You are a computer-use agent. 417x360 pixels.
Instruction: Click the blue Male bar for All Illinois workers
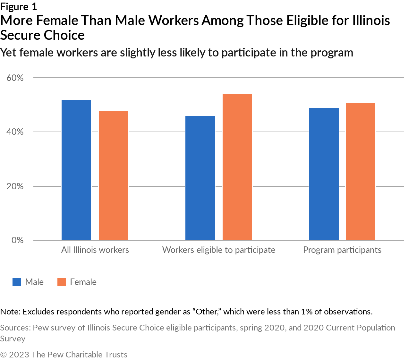coord(76,170)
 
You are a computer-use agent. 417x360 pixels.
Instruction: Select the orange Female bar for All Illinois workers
coord(114,176)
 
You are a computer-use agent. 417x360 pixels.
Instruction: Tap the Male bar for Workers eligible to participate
coord(200,178)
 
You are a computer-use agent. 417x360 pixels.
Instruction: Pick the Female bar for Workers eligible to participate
coord(237,167)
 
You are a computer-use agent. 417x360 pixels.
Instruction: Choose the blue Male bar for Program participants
coord(324,174)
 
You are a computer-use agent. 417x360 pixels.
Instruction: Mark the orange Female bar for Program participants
coord(361,171)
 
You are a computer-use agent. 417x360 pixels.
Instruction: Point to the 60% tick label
coord(15,78)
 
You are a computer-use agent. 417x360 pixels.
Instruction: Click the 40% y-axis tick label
coord(15,132)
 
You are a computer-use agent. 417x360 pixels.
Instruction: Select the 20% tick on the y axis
coord(15,186)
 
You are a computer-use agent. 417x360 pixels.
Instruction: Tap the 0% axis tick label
coord(17,240)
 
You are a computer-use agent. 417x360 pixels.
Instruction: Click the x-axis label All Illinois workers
coord(95,250)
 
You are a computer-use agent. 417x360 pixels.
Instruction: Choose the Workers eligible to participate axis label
coord(219,250)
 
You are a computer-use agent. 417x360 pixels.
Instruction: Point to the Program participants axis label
coord(342,250)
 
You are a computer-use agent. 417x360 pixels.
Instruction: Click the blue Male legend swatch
coord(17,282)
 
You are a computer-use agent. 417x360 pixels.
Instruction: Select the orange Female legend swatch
coord(62,282)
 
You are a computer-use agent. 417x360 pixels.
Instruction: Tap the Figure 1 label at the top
coord(19,7)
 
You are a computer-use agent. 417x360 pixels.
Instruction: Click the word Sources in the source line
coord(15,328)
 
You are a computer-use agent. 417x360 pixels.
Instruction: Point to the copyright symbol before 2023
coord(4,355)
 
